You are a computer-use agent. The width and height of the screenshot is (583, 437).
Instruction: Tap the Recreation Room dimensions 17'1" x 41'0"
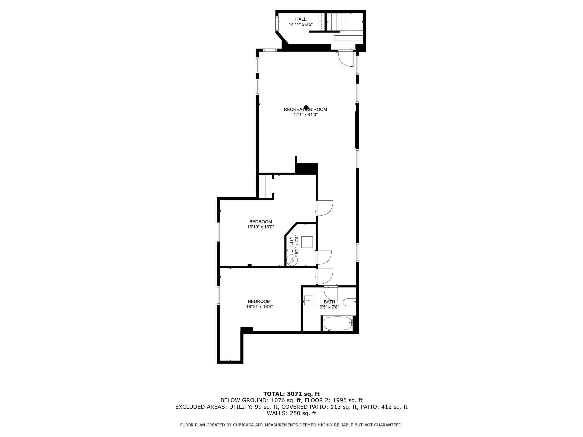pyautogui.click(x=305, y=114)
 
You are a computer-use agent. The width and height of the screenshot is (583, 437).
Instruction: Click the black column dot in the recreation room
pyautogui.click(x=306, y=107)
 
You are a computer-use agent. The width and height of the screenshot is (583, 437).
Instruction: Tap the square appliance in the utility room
pyautogui.click(x=307, y=242)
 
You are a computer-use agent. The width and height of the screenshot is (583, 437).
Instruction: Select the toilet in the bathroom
pyautogui.click(x=350, y=302)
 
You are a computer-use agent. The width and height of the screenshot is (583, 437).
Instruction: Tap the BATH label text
pyautogui.click(x=329, y=302)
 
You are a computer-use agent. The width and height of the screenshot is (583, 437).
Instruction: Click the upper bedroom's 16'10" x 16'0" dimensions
pyautogui.click(x=261, y=227)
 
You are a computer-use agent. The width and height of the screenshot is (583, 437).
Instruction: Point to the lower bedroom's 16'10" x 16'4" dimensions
pyautogui.click(x=259, y=307)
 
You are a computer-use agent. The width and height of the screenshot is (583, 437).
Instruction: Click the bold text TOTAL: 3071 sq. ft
pyautogui.click(x=292, y=394)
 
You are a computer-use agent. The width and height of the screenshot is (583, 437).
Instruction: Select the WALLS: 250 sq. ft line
pyautogui.click(x=292, y=413)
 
